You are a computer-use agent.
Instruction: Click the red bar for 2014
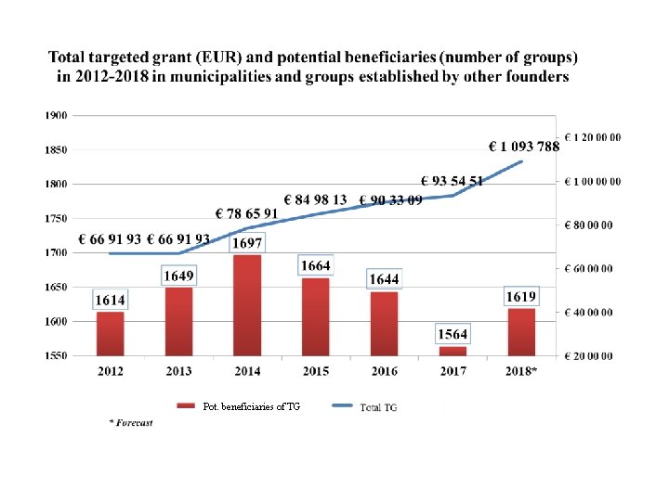(x=247, y=305)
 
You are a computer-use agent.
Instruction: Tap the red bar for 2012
(x=110, y=333)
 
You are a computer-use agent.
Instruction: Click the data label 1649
(x=179, y=276)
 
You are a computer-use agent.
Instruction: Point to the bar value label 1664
(x=315, y=265)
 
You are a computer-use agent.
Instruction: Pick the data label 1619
(x=521, y=297)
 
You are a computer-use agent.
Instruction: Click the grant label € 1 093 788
(x=524, y=146)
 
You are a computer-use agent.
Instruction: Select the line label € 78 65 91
(x=246, y=213)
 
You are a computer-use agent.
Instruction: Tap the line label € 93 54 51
(x=452, y=181)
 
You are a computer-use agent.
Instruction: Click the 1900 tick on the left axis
(x=55, y=116)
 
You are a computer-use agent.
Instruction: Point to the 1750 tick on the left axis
(x=55, y=218)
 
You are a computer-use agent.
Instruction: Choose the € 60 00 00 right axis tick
(x=593, y=269)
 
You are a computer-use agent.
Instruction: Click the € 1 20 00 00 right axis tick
(x=595, y=137)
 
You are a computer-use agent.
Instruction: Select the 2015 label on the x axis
(x=315, y=371)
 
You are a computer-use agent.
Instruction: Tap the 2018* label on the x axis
(x=521, y=371)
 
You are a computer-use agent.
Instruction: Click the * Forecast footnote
(x=131, y=423)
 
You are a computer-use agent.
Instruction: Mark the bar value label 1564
(x=453, y=334)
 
